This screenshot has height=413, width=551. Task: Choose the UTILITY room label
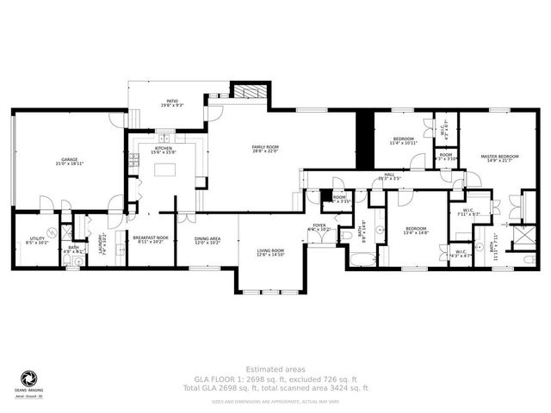click(x=37, y=241)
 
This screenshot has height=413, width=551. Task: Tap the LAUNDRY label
click(x=102, y=243)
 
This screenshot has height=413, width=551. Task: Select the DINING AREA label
click(x=207, y=241)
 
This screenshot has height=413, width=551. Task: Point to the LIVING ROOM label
click(x=269, y=252)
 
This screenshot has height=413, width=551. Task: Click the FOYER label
click(x=319, y=228)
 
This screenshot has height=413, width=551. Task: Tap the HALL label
click(x=389, y=176)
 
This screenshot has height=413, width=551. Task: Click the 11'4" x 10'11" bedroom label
click(x=404, y=140)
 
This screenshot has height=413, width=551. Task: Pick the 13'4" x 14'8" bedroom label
click(x=416, y=231)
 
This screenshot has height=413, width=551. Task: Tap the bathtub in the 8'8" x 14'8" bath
click(x=365, y=259)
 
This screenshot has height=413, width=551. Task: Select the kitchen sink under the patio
click(x=164, y=138)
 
